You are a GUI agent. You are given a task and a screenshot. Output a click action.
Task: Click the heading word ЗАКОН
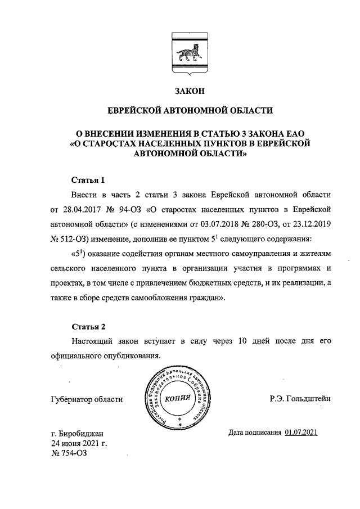(x=190, y=91)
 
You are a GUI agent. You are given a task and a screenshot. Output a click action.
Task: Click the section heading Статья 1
(x=88, y=181)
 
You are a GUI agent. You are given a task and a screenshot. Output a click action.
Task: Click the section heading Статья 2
(x=88, y=326)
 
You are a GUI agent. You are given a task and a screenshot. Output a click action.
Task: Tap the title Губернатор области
(x=86, y=399)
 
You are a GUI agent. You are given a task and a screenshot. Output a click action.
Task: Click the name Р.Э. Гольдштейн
(x=300, y=399)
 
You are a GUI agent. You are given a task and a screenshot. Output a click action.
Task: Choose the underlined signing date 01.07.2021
(x=301, y=432)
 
